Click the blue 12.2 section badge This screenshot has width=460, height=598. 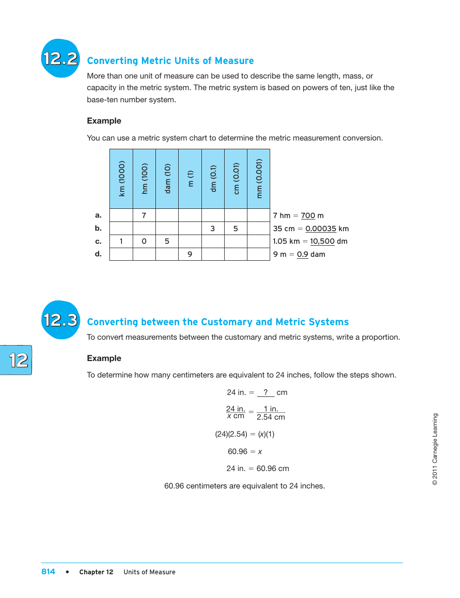[x=60, y=59]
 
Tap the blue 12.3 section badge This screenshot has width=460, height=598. [x=60, y=320]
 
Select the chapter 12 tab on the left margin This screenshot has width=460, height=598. [x=17, y=360]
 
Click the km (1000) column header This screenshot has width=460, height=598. [x=122, y=179]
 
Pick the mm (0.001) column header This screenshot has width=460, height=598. [x=259, y=179]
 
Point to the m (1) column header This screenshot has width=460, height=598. [x=190, y=179]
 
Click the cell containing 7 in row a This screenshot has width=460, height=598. [x=144, y=215]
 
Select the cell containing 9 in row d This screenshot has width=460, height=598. [x=190, y=254]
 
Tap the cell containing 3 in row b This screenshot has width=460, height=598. [x=213, y=228]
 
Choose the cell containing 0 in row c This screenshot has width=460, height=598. [x=144, y=241]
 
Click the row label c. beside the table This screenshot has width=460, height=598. [x=98, y=241]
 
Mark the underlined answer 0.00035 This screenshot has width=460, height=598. [x=321, y=229]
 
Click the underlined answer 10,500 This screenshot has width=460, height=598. [x=322, y=241]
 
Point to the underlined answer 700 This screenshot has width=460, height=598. [x=307, y=216]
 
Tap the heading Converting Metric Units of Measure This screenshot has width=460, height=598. [x=170, y=61]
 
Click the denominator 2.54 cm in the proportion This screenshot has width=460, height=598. [x=271, y=417]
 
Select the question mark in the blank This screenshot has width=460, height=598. [x=266, y=393]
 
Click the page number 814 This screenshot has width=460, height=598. [x=48, y=572]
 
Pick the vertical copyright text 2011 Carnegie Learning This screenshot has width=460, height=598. [x=435, y=449]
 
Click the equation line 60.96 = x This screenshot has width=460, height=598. [x=245, y=452]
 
